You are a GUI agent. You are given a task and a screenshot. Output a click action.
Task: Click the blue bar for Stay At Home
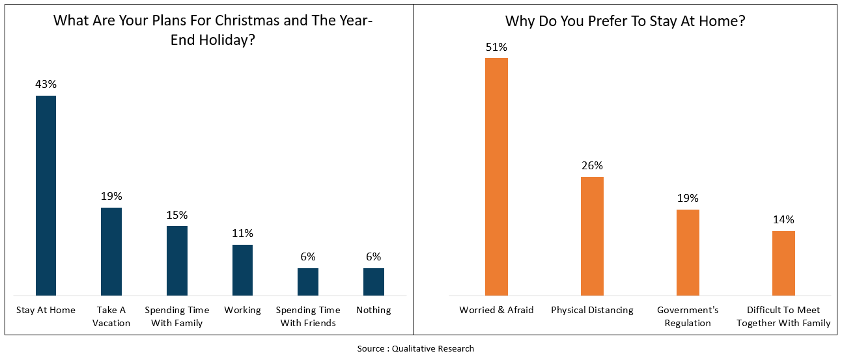click(46, 195)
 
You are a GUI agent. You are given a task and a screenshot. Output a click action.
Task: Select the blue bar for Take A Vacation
click(111, 251)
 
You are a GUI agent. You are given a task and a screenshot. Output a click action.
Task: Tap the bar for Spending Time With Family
click(177, 260)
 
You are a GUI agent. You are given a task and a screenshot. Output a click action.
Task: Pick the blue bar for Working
click(243, 270)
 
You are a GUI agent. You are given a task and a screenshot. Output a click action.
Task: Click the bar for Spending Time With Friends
click(308, 281)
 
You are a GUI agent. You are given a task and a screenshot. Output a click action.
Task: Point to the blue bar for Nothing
click(374, 281)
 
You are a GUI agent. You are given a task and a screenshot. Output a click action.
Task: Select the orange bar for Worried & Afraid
click(496, 176)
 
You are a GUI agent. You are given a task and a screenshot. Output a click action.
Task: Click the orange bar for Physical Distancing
click(592, 236)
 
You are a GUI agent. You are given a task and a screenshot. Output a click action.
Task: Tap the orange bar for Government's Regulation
click(688, 252)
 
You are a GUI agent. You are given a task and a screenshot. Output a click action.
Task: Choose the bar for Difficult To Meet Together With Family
click(783, 263)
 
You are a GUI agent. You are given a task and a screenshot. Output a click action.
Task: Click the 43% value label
click(46, 85)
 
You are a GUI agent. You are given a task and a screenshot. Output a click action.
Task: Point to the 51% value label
click(496, 47)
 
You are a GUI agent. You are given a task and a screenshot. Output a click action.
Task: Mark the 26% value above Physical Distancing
click(592, 165)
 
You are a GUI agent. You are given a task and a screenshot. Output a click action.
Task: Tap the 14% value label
click(783, 220)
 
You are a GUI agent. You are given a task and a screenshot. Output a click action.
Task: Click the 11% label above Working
click(243, 233)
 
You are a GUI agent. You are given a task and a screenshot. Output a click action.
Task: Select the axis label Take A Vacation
click(111, 316)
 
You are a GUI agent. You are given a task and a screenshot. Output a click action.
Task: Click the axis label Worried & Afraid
click(496, 310)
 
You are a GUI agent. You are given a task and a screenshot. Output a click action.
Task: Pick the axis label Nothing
click(374, 310)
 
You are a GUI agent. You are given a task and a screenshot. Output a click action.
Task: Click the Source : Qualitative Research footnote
click(415, 348)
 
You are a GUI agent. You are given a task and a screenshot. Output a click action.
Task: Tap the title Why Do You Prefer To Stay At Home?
click(625, 21)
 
